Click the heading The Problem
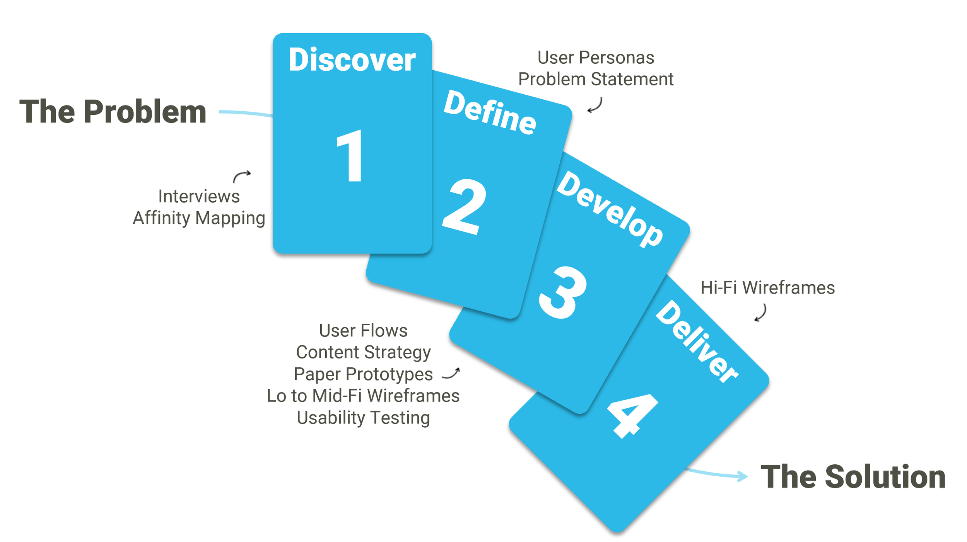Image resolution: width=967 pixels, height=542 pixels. (x=113, y=112)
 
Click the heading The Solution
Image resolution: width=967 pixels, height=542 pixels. (x=853, y=477)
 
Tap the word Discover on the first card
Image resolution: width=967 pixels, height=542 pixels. (x=352, y=60)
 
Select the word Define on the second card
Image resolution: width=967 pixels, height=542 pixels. (x=490, y=112)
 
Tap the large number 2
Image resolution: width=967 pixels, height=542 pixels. (x=464, y=207)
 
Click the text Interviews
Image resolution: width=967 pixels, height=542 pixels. (x=199, y=196)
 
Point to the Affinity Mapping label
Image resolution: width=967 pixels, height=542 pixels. (x=199, y=218)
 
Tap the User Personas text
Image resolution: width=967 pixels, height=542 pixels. (x=596, y=58)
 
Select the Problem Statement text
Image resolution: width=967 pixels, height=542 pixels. (x=596, y=79)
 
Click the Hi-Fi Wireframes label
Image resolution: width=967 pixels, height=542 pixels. (x=767, y=288)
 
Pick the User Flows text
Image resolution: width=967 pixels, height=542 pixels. (x=363, y=331)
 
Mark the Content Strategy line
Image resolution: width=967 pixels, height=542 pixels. (x=363, y=352)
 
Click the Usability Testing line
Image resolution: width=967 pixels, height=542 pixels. (x=363, y=418)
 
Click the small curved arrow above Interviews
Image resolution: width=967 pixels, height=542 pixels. (x=242, y=176)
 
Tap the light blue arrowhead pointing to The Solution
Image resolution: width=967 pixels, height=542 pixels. (x=742, y=476)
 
